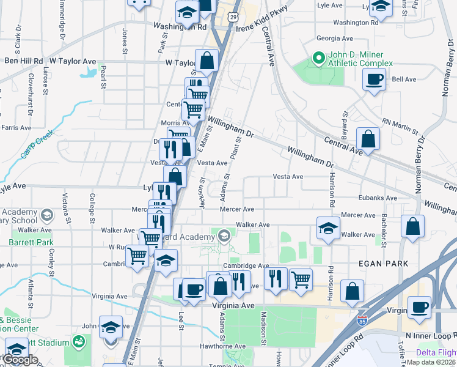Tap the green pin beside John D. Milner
[x=318, y=59]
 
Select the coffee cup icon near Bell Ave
[x=374, y=79]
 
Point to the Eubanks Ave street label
[x=379, y=198]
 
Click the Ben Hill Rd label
[x=23, y=61]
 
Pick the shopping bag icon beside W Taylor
[x=207, y=61]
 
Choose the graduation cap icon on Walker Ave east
[x=328, y=229]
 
